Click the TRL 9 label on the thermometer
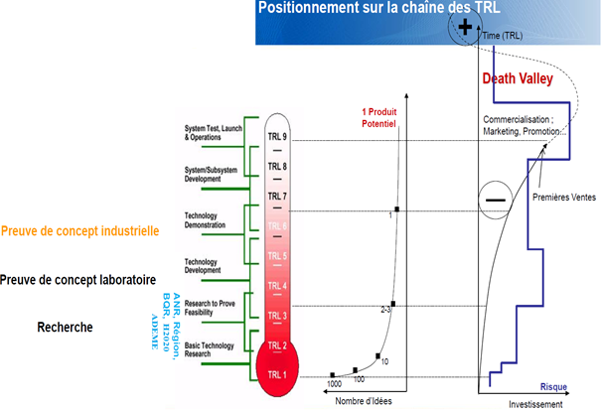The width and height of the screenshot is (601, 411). coord(279,135)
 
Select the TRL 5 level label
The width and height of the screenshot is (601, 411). coord(278,256)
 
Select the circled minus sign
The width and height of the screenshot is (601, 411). coord(496,200)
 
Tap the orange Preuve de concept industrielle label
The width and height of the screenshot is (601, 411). coord(79,231)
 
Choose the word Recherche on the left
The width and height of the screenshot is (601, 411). coord(66,327)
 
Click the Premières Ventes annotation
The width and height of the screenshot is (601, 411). coord(565,197)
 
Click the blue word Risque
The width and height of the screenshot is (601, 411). coord(553,387)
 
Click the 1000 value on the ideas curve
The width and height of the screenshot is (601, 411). coord(336,383)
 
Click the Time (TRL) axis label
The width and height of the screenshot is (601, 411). coord(505,36)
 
